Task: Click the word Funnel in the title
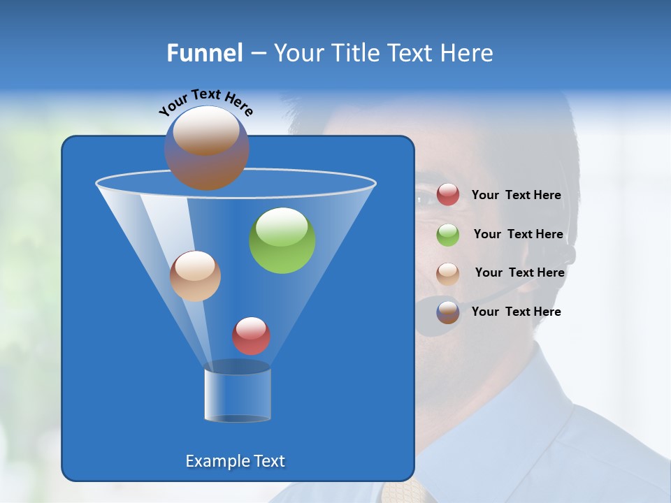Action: [204, 53]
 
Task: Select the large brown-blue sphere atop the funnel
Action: [206, 148]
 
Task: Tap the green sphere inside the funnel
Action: [282, 240]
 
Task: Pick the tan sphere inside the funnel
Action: [195, 276]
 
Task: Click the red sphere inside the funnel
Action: [251, 336]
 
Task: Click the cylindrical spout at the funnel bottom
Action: [238, 393]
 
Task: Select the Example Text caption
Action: [235, 461]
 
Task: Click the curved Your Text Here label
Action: [206, 102]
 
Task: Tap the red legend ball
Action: [448, 195]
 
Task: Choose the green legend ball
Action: [448, 234]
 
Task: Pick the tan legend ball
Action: [448, 273]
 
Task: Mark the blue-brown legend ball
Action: [448, 312]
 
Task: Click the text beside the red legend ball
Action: [516, 196]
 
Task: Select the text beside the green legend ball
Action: [518, 235]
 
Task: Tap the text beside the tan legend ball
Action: [519, 273]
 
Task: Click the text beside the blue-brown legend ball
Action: [516, 312]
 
